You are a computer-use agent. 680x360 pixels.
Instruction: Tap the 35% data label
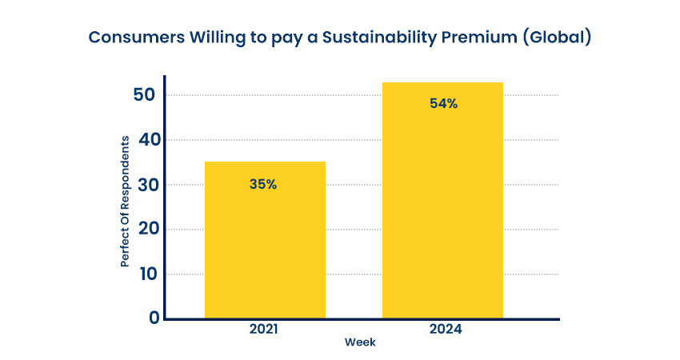[263, 184]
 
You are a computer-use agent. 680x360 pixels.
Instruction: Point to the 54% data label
[443, 104]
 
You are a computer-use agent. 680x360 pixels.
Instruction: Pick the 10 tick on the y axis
[148, 274]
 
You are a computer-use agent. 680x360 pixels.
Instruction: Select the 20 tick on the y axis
[148, 230]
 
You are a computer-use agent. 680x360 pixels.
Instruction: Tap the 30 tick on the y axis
[148, 185]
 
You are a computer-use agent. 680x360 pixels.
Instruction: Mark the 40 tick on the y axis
[148, 140]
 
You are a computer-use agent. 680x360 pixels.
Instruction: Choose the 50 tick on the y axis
[148, 95]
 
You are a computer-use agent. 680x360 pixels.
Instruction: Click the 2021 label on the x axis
[266, 329]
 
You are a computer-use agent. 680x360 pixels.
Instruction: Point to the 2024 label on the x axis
[443, 329]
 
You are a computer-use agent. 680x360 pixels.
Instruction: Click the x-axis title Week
[360, 342]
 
